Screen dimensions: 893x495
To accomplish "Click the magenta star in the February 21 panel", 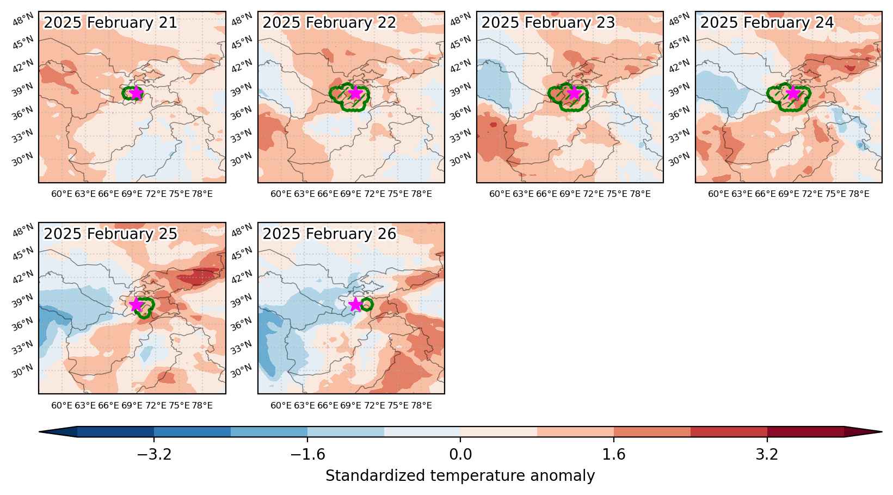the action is (x=137, y=93).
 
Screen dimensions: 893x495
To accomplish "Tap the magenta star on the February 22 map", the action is (x=355, y=93).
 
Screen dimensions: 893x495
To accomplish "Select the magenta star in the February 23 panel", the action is (x=574, y=93).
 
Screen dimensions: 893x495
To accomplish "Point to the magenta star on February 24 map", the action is (x=793, y=93).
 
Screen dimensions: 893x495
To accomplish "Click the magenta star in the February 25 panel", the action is (x=137, y=305).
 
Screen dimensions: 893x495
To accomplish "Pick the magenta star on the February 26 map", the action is (x=355, y=305).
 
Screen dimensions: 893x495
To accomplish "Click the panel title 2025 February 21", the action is (x=110, y=22).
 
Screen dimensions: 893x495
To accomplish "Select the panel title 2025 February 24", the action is (x=767, y=22).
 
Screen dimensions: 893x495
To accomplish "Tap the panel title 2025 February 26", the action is (x=329, y=233).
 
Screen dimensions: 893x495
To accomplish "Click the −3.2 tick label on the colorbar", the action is (x=154, y=454).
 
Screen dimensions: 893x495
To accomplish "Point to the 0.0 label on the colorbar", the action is (x=460, y=454).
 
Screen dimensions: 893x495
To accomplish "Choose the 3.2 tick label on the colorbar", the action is (x=767, y=454).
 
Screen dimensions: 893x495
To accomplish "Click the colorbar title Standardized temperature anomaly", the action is (x=460, y=476).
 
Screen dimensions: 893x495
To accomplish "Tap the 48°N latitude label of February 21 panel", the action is (x=23, y=19).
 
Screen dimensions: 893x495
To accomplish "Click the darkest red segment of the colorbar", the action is (x=805, y=432).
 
